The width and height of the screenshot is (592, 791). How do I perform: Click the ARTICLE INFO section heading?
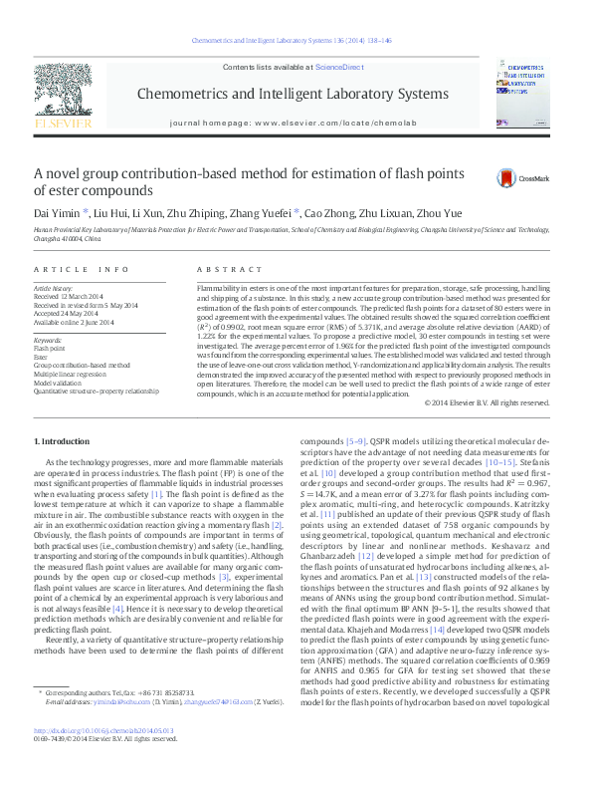click(x=82, y=270)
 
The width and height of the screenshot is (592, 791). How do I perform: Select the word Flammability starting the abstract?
click(x=221, y=286)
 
